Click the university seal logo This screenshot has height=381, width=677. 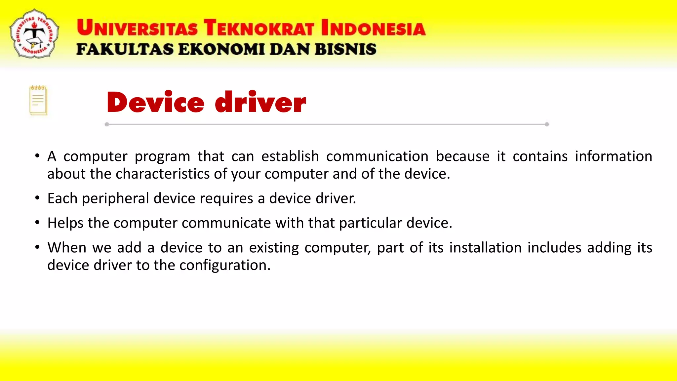[x=34, y=34]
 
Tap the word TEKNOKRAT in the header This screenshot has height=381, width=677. [x=259, y=28]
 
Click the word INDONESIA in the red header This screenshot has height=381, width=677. [x=373, y=28]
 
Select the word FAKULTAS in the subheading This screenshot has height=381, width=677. [x=125, y=50]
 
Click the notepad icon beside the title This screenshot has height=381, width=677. [x=38, y=101]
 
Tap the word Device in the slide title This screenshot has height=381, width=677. [x=155, y=103]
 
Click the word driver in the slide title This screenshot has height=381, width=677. [x=260, y=103]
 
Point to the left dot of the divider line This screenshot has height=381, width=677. [x=107, y=124]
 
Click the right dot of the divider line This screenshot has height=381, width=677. [x=547, y=124]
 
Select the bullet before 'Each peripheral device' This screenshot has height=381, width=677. [x=37, y=198]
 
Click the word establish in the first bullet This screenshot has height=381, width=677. [x=290, y=156]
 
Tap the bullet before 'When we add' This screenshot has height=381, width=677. [x=37, y=247]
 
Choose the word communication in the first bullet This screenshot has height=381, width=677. [x=377, y=156]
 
